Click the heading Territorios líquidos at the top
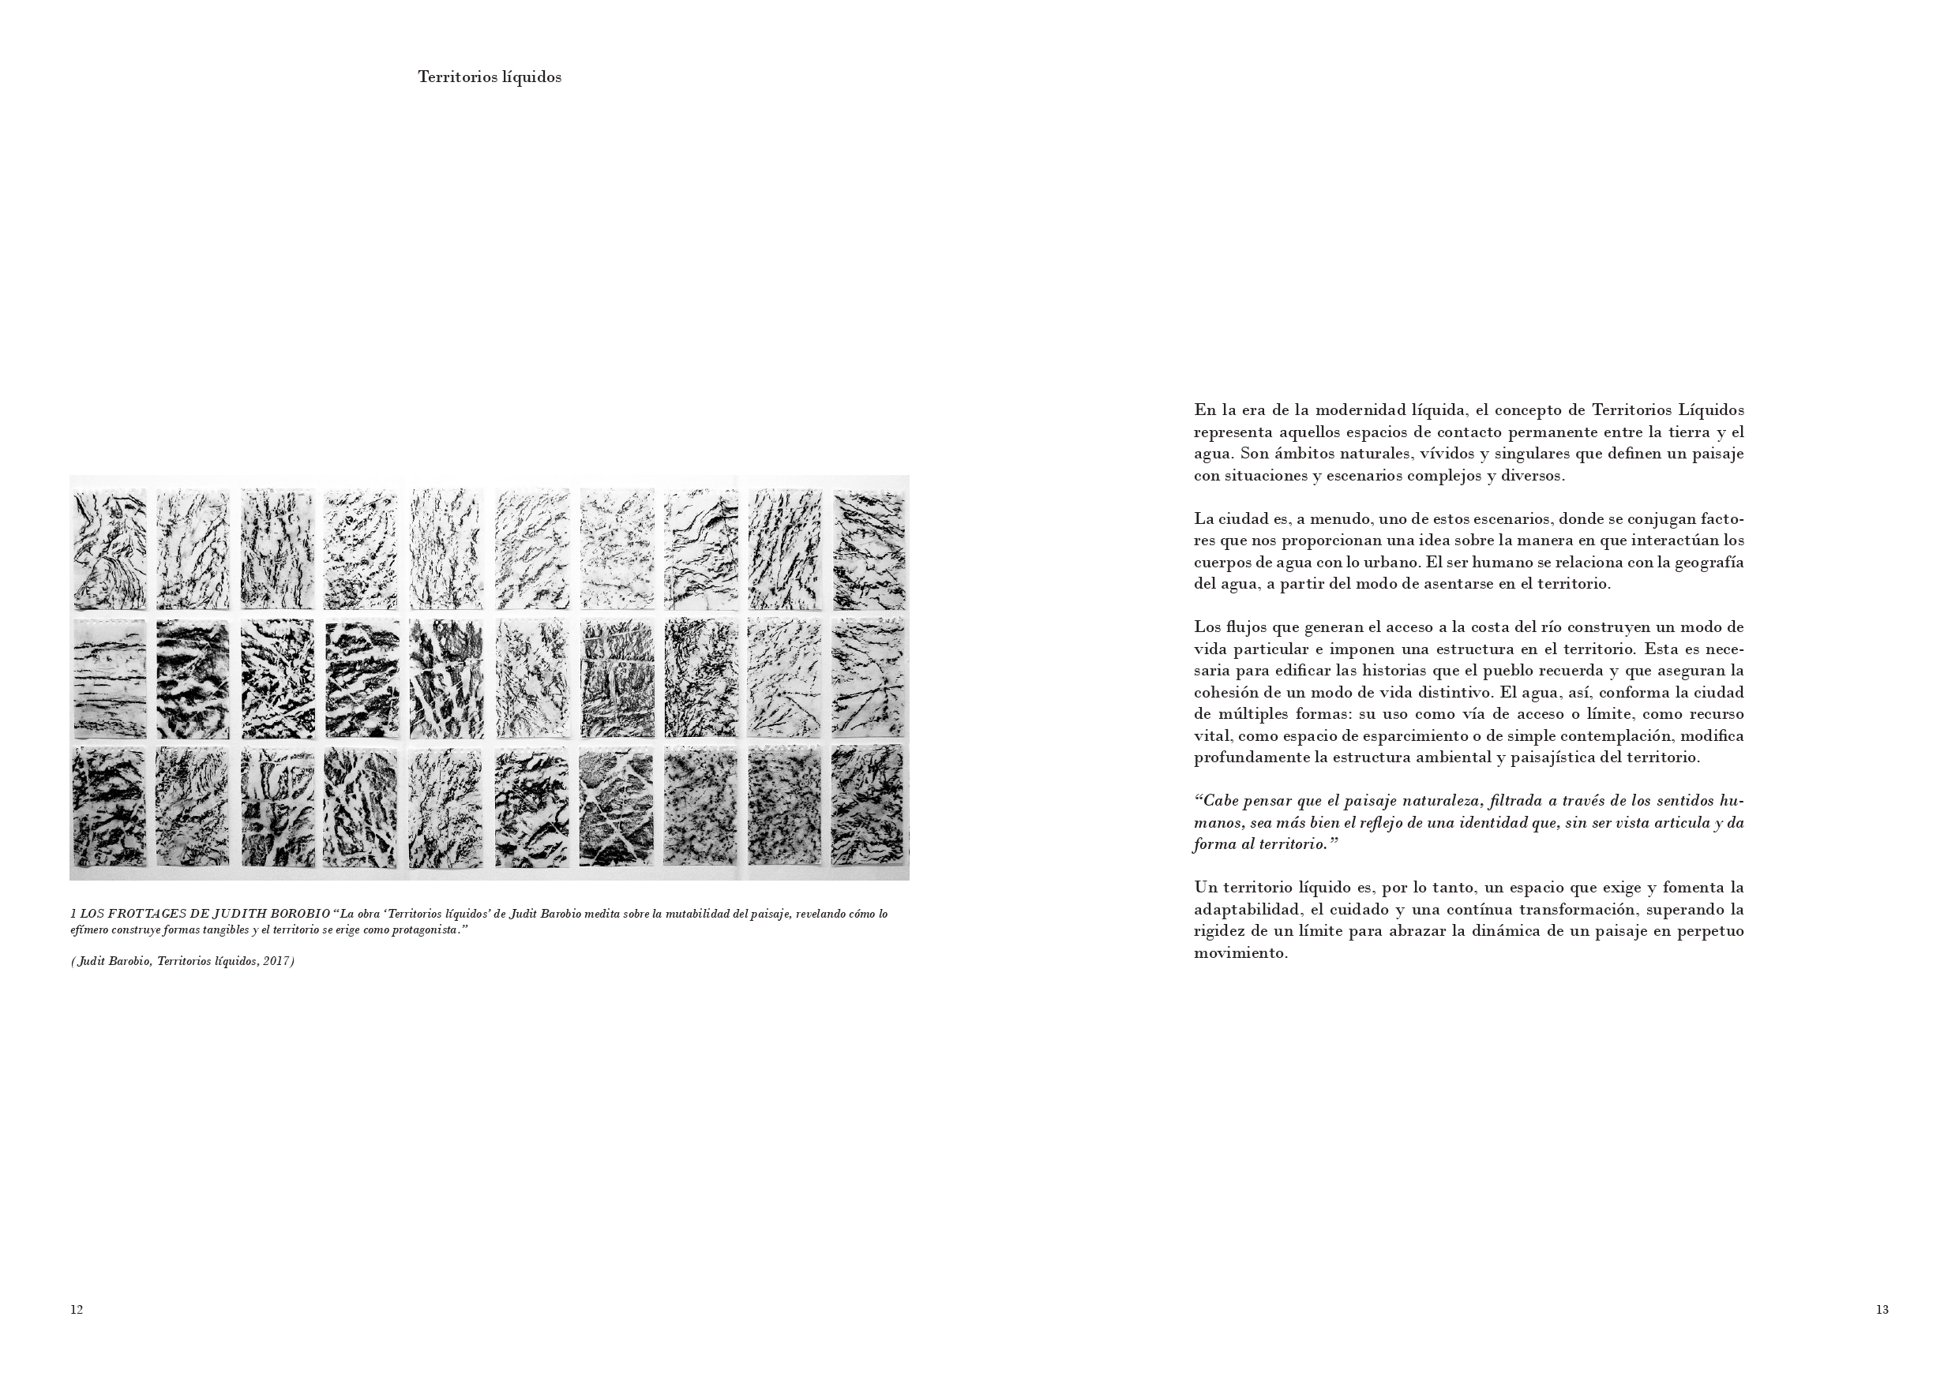click(489, 77)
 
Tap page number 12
click(76, 1310)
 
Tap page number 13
click(1882, 1310)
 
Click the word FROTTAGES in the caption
click(146, 915)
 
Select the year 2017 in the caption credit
click(276, 961)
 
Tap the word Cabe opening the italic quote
click(1218, 801)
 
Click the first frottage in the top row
click(109, 549)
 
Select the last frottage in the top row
click(869, 549)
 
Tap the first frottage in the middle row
click(109, 679)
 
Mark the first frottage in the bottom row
click(109, 806)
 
